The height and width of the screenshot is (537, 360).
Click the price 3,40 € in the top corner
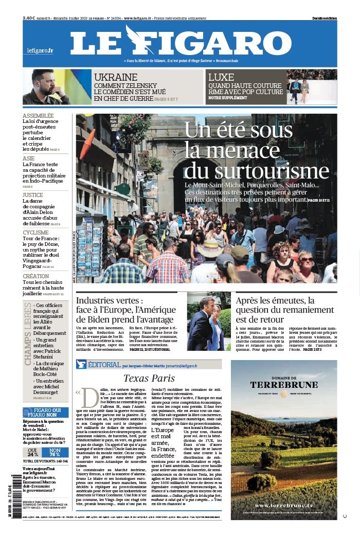coord(29,18)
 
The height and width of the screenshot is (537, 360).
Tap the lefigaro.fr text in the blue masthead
coord(40,50)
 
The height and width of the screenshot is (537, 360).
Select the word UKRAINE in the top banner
coord(115,78)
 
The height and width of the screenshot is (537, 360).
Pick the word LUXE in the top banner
coord(221,78)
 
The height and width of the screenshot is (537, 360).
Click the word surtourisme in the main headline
coord(257,171)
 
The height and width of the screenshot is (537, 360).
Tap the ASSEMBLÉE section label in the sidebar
coord(38,116)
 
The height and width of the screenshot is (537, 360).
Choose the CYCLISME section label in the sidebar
coord(35,232)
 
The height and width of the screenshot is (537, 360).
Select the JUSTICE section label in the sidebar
coord(32,195)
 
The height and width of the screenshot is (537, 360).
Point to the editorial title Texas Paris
coord(149,379)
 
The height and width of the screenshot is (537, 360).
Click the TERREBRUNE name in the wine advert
coord(283,385)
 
